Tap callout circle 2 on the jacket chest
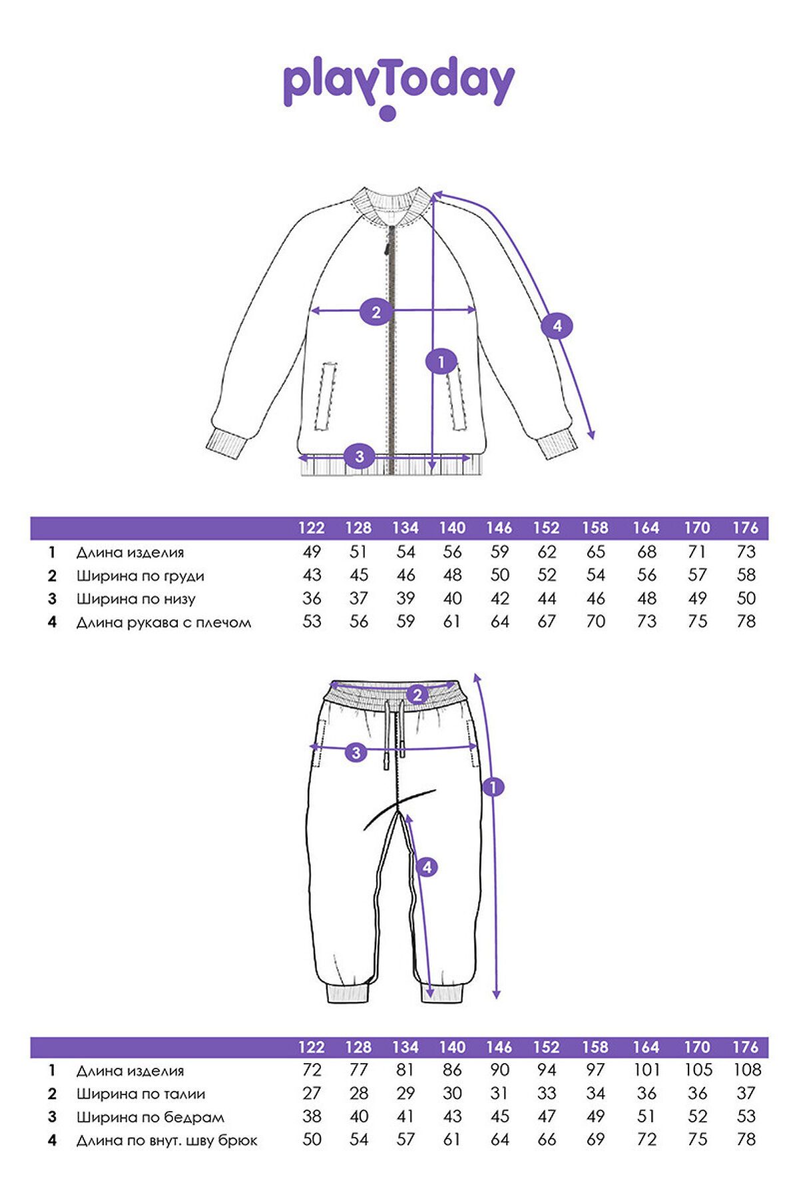click(x=376, y=312)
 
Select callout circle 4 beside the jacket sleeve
click(x=557, y=326)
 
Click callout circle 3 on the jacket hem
click(x=360, y=456)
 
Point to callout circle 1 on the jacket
click(x=441, y=362)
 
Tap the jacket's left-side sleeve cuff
click(x=226, y=442)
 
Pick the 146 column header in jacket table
click(x=499, y=528)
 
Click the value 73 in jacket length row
click(x=746, y=552)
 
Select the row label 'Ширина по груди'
click(x=140, y=576)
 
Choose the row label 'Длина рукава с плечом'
click(x=163, y=623)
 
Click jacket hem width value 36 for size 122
click(x=312, y=599)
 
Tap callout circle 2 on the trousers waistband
click(x=417, y=694)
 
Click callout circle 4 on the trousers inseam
click(x=427, y=867)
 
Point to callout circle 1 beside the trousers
click(x=493, y=787)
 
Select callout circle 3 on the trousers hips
click(x=356, y=753)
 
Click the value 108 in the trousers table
click(x=746, y=1070)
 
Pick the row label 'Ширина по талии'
click(x=140, y=1094)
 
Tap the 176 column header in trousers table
click(x=746, y=1047)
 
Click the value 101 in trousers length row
click(x=646, y=1070)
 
